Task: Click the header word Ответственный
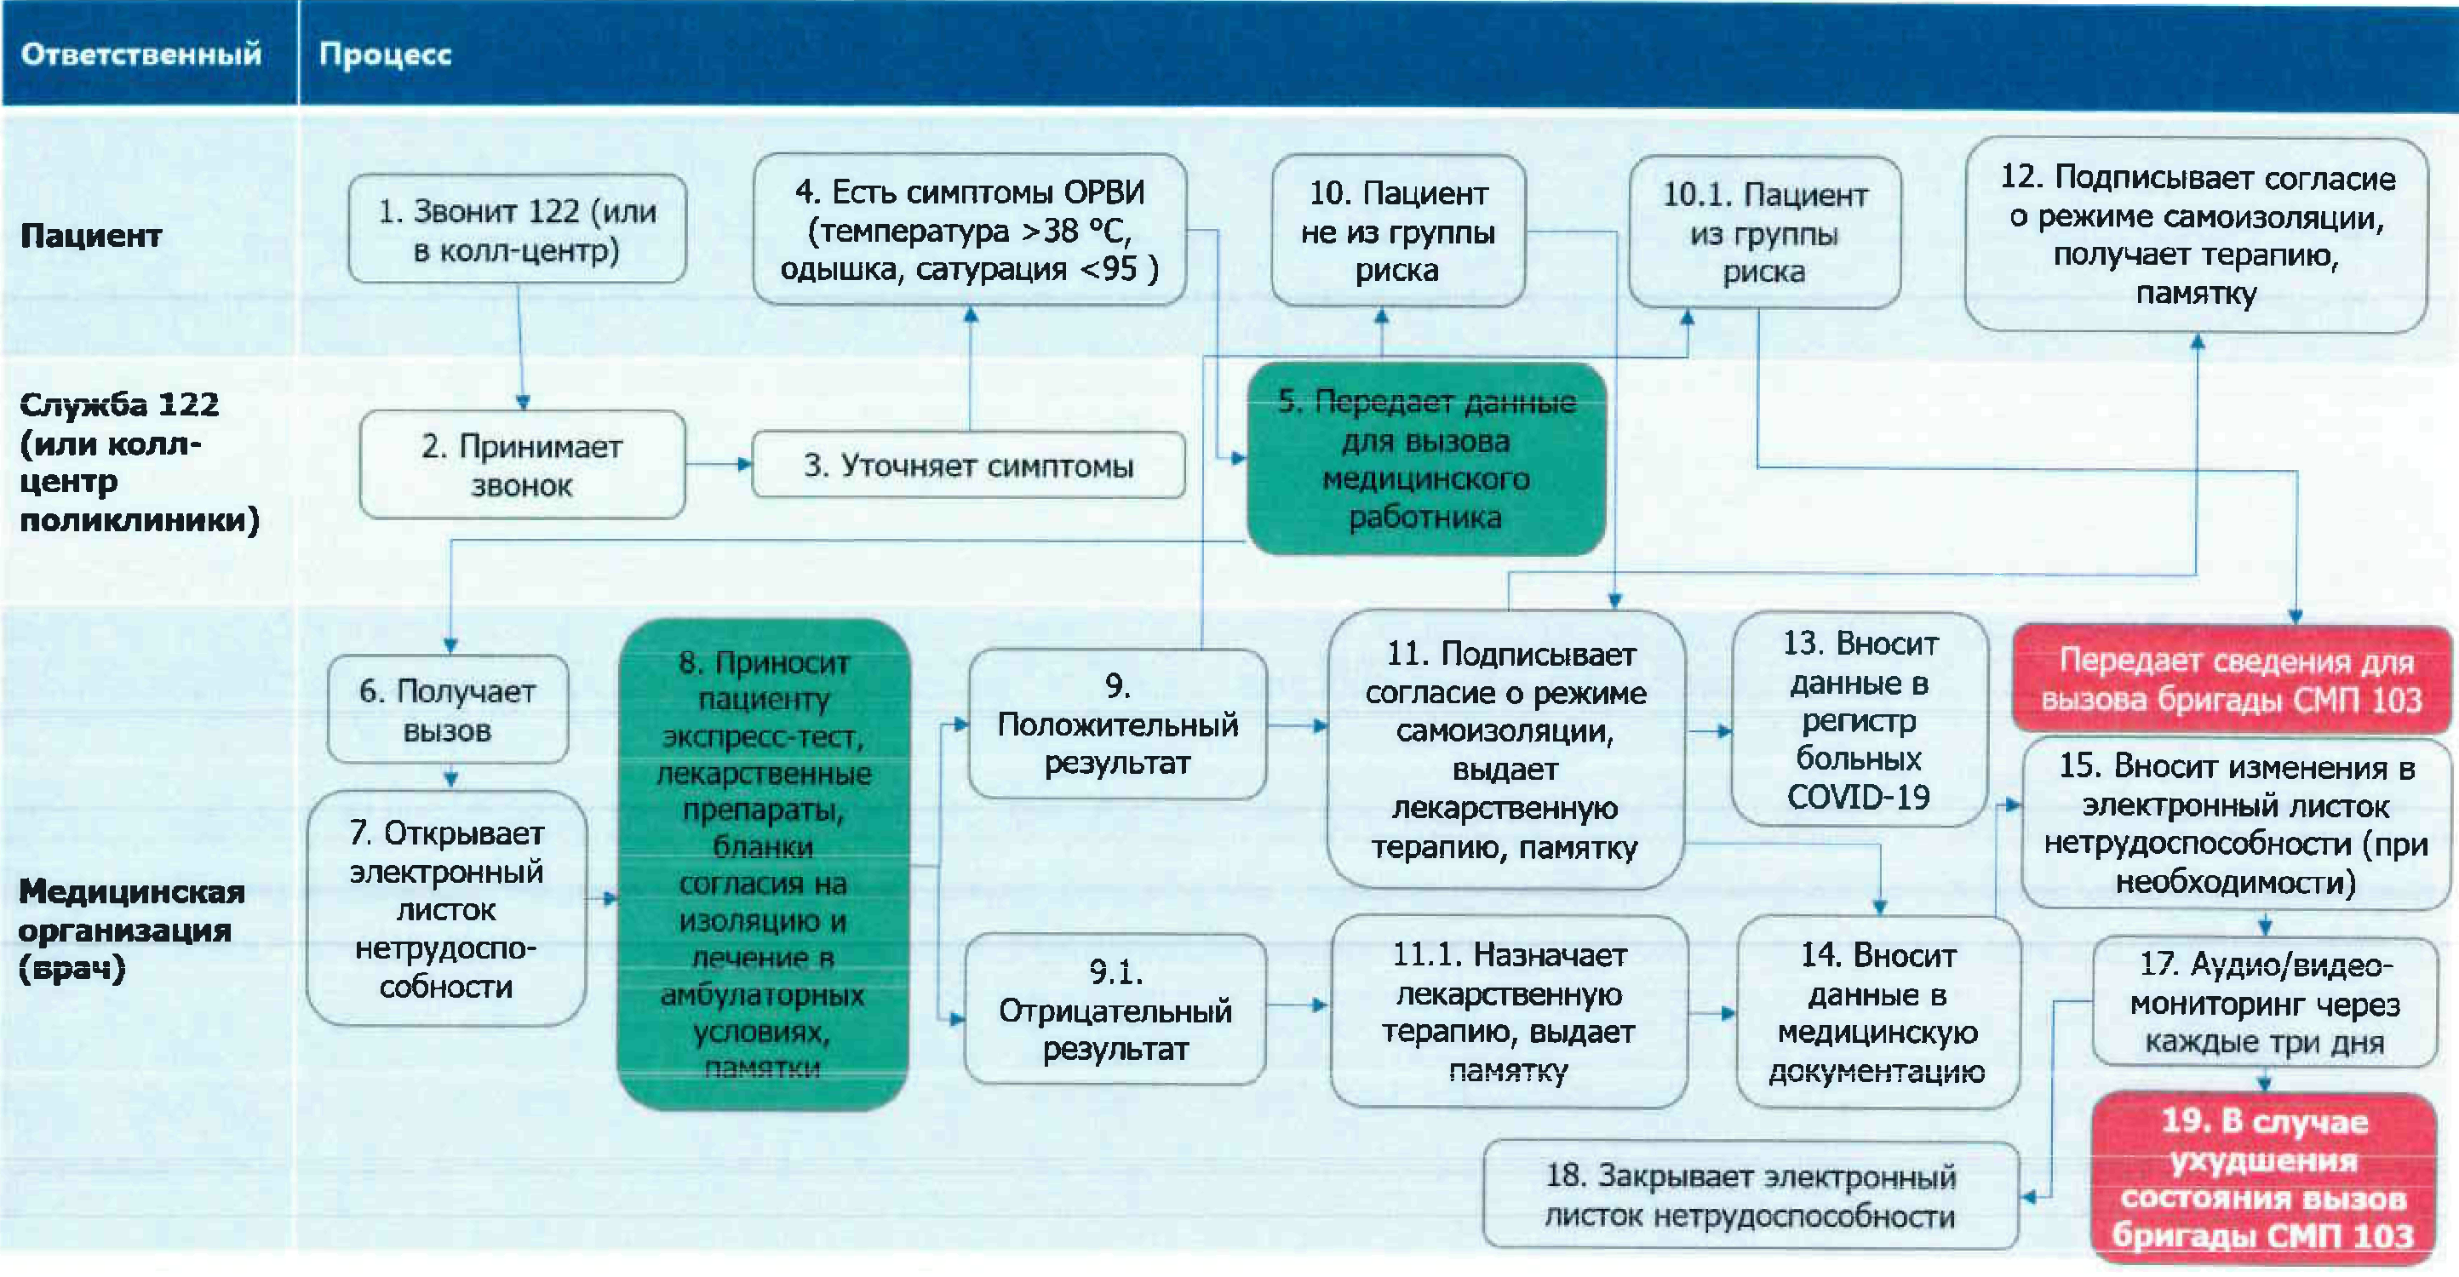(x=140, y=54)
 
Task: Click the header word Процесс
(x=385, y=54)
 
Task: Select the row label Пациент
(x=91, y=235)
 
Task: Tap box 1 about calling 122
(x=517, y=229)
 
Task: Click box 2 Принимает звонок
(x=521, y=465)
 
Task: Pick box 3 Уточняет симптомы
(x=968, y=465)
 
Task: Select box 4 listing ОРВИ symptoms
(x=969, y=230)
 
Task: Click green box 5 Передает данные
(x=1425, y=459)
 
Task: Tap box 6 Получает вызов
(x=447, y=709)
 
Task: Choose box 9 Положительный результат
(x=1117, y=724)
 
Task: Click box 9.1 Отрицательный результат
(x=1115, y=1010)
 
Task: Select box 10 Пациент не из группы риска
(x=1397, y=231)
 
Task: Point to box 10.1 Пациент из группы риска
(x=1764, y=233)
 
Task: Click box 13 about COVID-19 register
(x=1859, y=719)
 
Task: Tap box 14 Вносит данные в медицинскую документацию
(x=1877, y=1011)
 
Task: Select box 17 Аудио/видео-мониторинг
(x=2263, y=1002)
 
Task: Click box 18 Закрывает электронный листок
(x=1750, y=1195)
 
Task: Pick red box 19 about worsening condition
(x=2262, y=1177)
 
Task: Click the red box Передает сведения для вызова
(x=2231, y=679)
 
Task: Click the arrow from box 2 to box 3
(x=718, y=465)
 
